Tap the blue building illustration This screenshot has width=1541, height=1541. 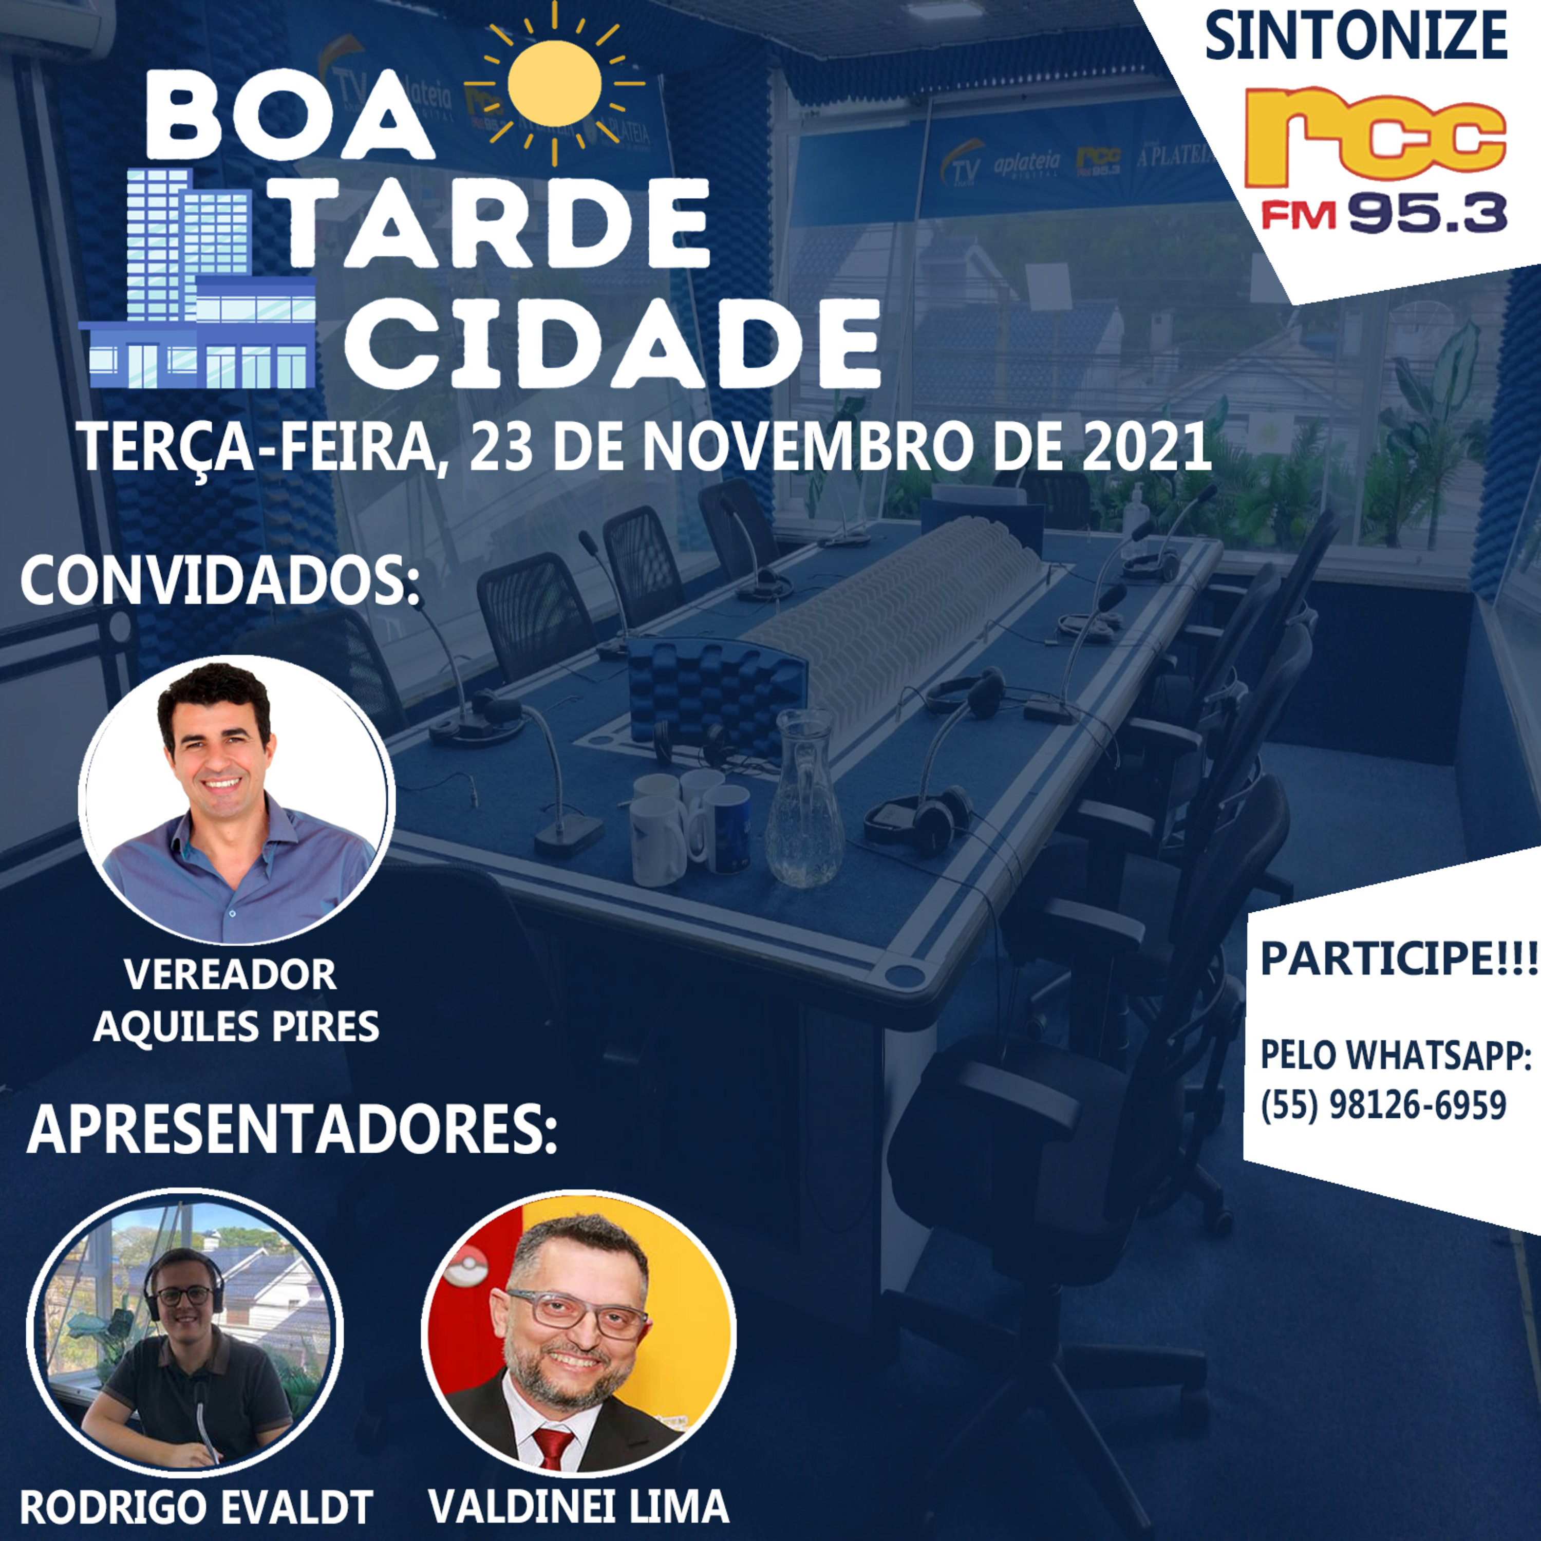click(199, 287)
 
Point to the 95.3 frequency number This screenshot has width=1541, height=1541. click(1428, 213)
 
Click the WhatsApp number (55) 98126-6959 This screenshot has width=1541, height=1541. click(1383, 1105)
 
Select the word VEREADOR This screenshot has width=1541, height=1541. click(231, 975)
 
